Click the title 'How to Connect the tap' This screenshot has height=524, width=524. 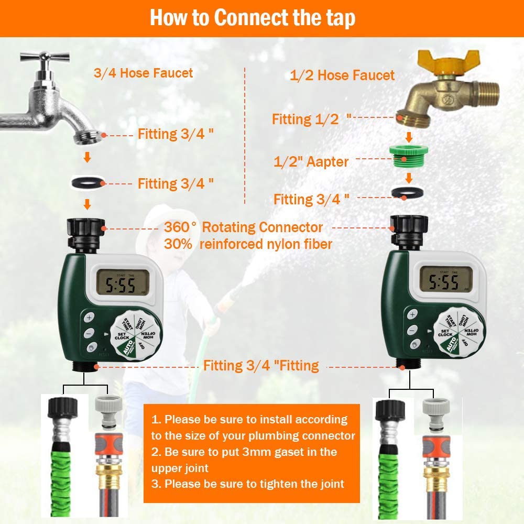tap(253, 18)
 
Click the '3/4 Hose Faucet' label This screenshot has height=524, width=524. tap(143, 73)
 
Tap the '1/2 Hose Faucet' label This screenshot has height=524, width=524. tap(342, 75)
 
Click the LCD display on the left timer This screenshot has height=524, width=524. tap(120, 285)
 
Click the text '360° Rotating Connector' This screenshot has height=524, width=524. tap(243, 227)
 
